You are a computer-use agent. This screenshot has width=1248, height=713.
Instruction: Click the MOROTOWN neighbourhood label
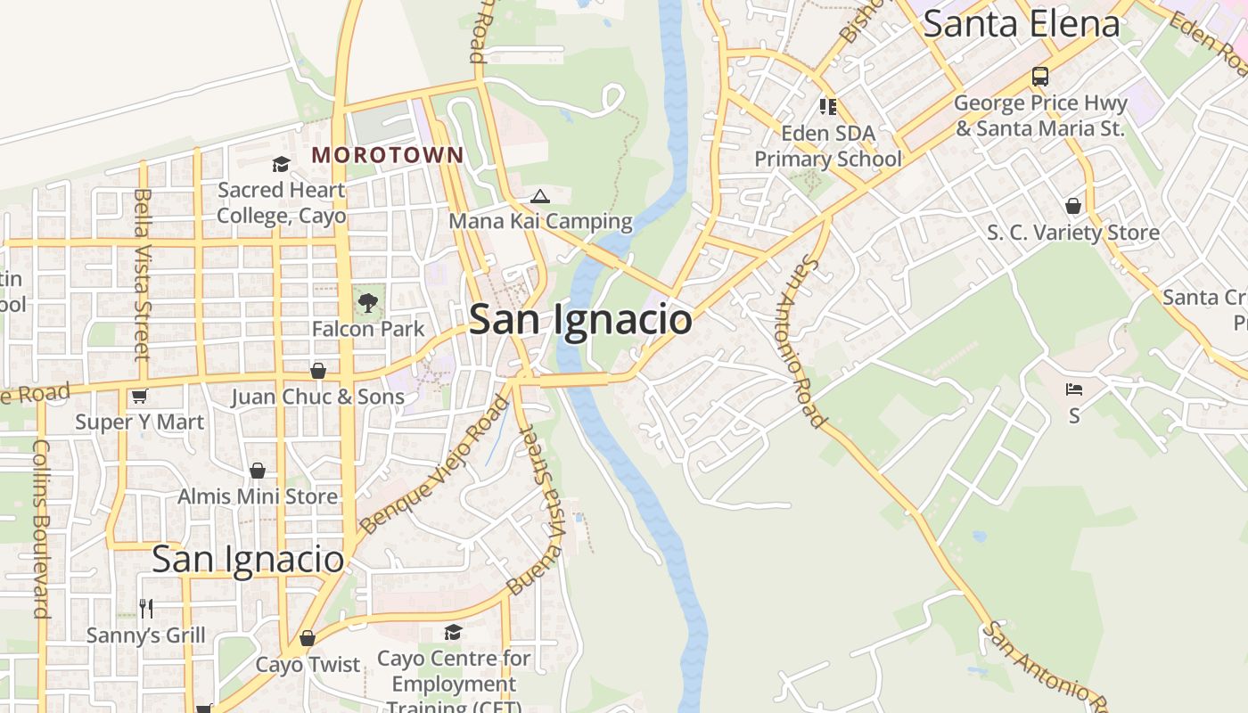point(388,155)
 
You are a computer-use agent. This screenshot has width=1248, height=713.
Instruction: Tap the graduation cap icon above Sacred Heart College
point(281,165)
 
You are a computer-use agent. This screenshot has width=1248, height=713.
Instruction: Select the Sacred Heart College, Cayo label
point(281,203)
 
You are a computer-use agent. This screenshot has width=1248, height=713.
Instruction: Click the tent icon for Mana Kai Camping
point(539,196)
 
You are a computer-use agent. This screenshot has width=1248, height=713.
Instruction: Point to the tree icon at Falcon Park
point(367,304)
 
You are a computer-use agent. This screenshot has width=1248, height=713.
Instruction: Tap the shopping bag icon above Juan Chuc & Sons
point(317,371)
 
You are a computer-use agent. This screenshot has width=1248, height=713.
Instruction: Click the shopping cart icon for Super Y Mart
point(139,397)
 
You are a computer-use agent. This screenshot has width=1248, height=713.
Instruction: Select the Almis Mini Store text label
point(258,496)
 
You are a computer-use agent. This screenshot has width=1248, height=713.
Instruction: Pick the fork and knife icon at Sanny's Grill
point(146,609)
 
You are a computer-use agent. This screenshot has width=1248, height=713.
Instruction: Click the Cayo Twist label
point(308,665)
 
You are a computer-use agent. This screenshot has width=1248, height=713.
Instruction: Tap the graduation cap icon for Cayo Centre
point(453,633)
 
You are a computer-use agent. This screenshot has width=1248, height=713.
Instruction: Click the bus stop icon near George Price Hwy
point(1039,77)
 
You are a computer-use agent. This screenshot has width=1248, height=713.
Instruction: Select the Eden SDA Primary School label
point(828,146)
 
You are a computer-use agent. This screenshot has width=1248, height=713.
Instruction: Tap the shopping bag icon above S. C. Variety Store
point(1073,207)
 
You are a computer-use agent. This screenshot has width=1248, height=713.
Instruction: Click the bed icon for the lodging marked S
point(1073,390)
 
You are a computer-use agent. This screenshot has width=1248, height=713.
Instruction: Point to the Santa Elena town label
point(1021,23)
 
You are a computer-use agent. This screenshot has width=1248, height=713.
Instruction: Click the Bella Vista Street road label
point(142,274)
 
